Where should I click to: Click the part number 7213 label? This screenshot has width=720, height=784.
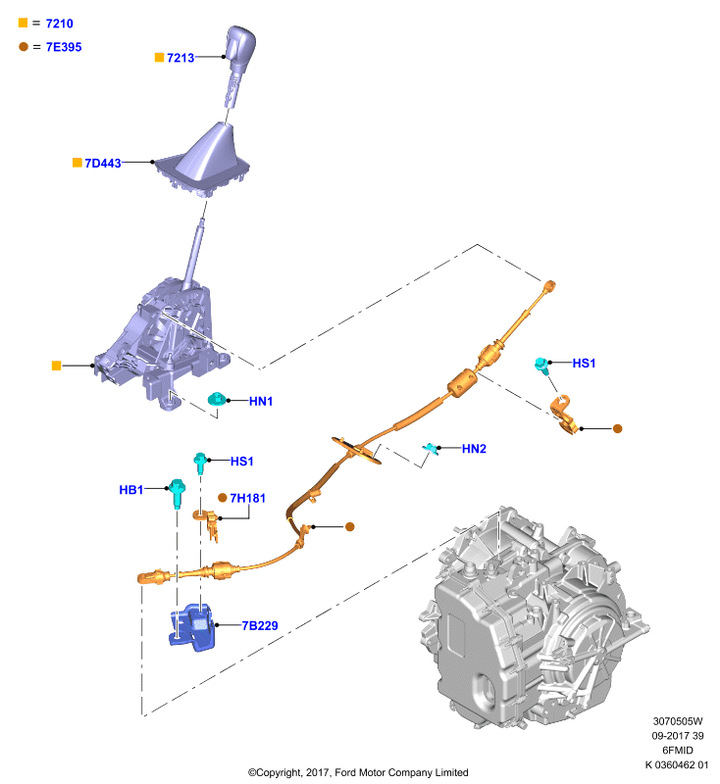(x=180, y=58)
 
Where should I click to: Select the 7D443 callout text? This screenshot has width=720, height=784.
(x=103, y=164)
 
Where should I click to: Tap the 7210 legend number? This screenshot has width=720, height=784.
(x=60, y=24)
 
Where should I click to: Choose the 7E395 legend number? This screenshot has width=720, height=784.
(x=64, y=47)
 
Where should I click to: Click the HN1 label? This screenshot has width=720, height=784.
(x=261, y=401)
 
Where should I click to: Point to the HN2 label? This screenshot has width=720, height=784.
(x=474, y=449)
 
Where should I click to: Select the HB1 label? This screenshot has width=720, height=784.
(x=131, y=489)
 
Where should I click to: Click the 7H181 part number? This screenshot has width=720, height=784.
(x=247, y=498)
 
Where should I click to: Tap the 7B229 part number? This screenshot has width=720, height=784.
(x=260, y=625)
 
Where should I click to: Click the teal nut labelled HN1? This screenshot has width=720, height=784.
(x=217, y=399)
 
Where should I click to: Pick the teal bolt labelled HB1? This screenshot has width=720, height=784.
(x=177, y=493)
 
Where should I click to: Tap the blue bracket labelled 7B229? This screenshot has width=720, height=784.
(x=192, y=627)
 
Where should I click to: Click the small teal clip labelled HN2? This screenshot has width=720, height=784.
(x=431, y=448)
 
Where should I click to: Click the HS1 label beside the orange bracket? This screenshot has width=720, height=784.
(x=584, y=363)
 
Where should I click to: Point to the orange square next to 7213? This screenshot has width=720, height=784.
(x=160, y=58)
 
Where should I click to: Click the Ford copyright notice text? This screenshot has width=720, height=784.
(x=358, y=772)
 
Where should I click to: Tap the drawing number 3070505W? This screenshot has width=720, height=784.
(x=678, y=721)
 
